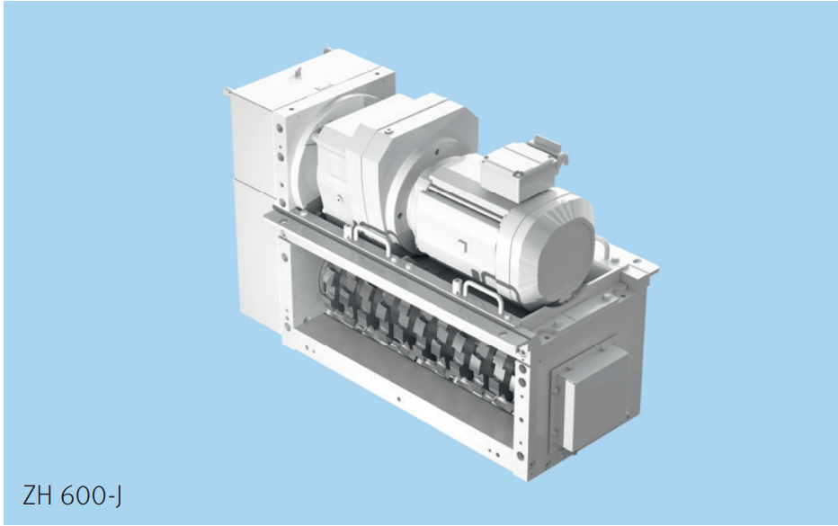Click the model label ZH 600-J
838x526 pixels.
(72, 496)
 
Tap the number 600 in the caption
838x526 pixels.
(84, 495)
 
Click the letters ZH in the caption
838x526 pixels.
(38, 495)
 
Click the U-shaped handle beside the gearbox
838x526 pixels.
(372, 238)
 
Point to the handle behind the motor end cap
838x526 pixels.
(602, 245)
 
